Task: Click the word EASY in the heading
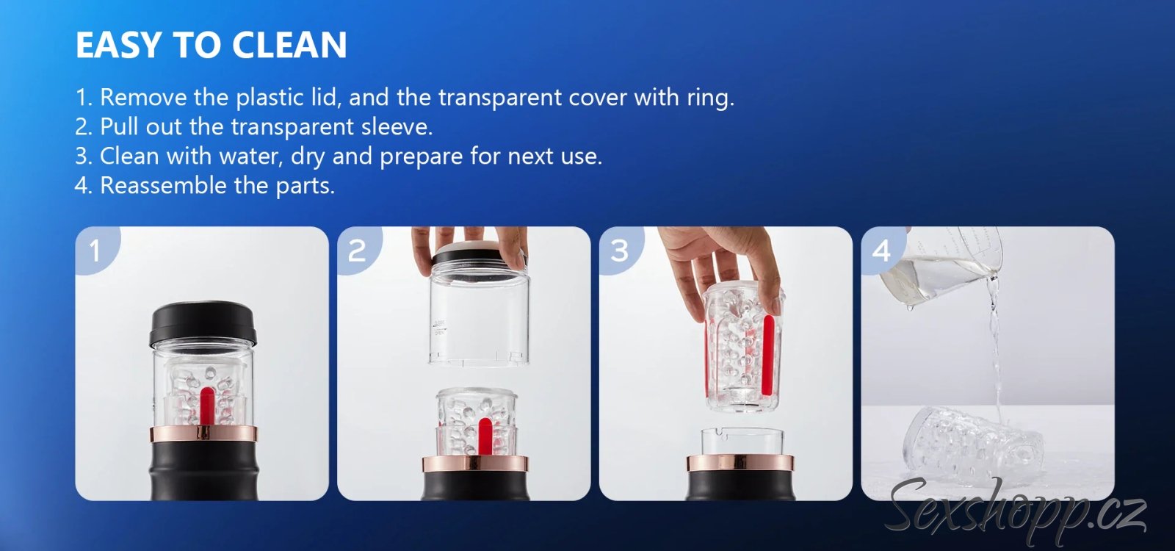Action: (x=118, y=45)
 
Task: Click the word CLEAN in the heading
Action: (x=289, y=45)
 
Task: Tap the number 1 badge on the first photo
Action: (x=95, y=251)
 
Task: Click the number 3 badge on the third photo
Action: (x=620, y=251)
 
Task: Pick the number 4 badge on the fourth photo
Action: (x=881, y=251)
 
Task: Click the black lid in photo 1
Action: (x=203, y=323)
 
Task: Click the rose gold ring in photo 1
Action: (x=203, y=433)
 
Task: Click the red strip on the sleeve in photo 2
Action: (x=485, y=436)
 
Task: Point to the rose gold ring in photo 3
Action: (x=741, y=463)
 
